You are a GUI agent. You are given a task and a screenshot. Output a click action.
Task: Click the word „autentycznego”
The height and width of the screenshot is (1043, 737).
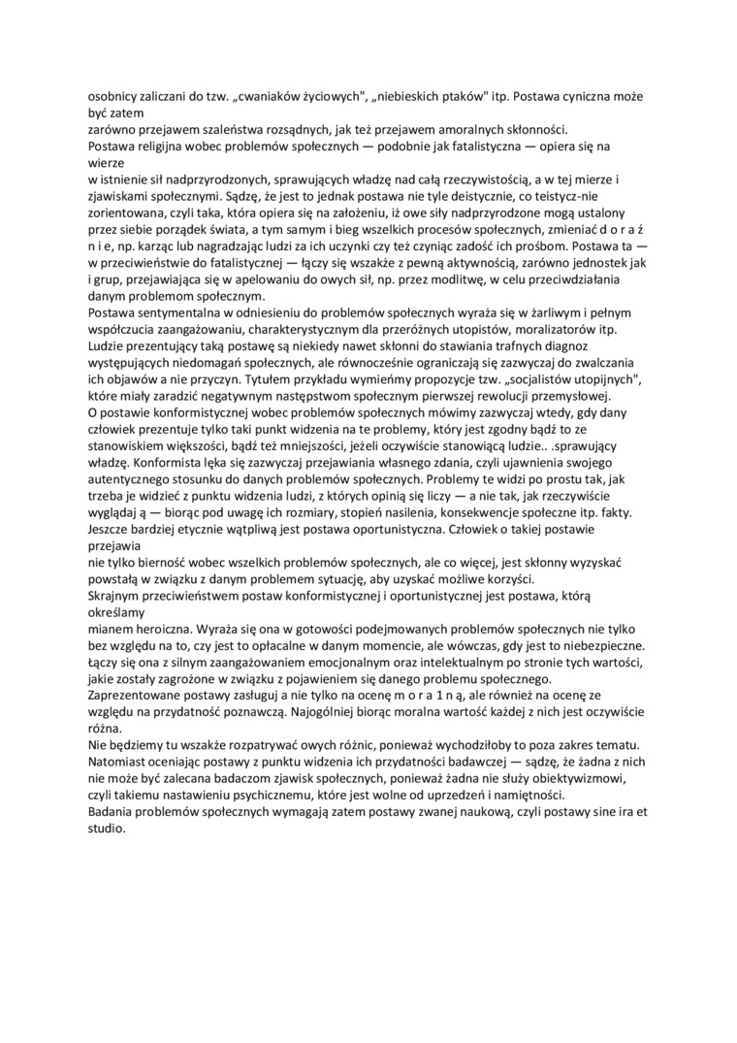coord(131,477)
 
